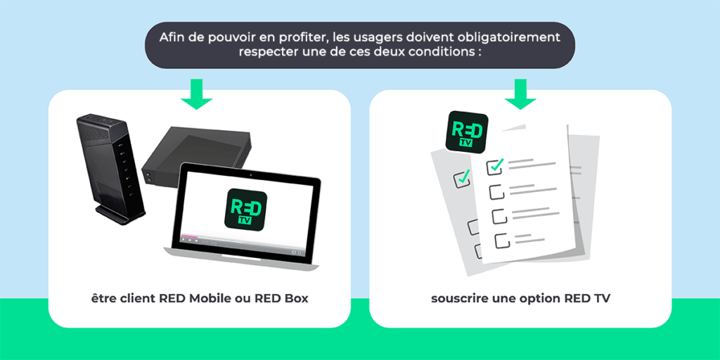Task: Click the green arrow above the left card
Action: point(197,96)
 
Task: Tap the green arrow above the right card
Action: point(520,96)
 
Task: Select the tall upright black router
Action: point(110,169)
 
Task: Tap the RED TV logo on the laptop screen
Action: point(245,208)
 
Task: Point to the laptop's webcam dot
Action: point(250,171)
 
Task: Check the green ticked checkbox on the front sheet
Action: point(496,166)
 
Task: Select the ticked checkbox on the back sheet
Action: point(463,178)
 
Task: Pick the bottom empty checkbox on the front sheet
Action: point(501,240)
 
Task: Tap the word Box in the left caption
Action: point(295,298)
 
